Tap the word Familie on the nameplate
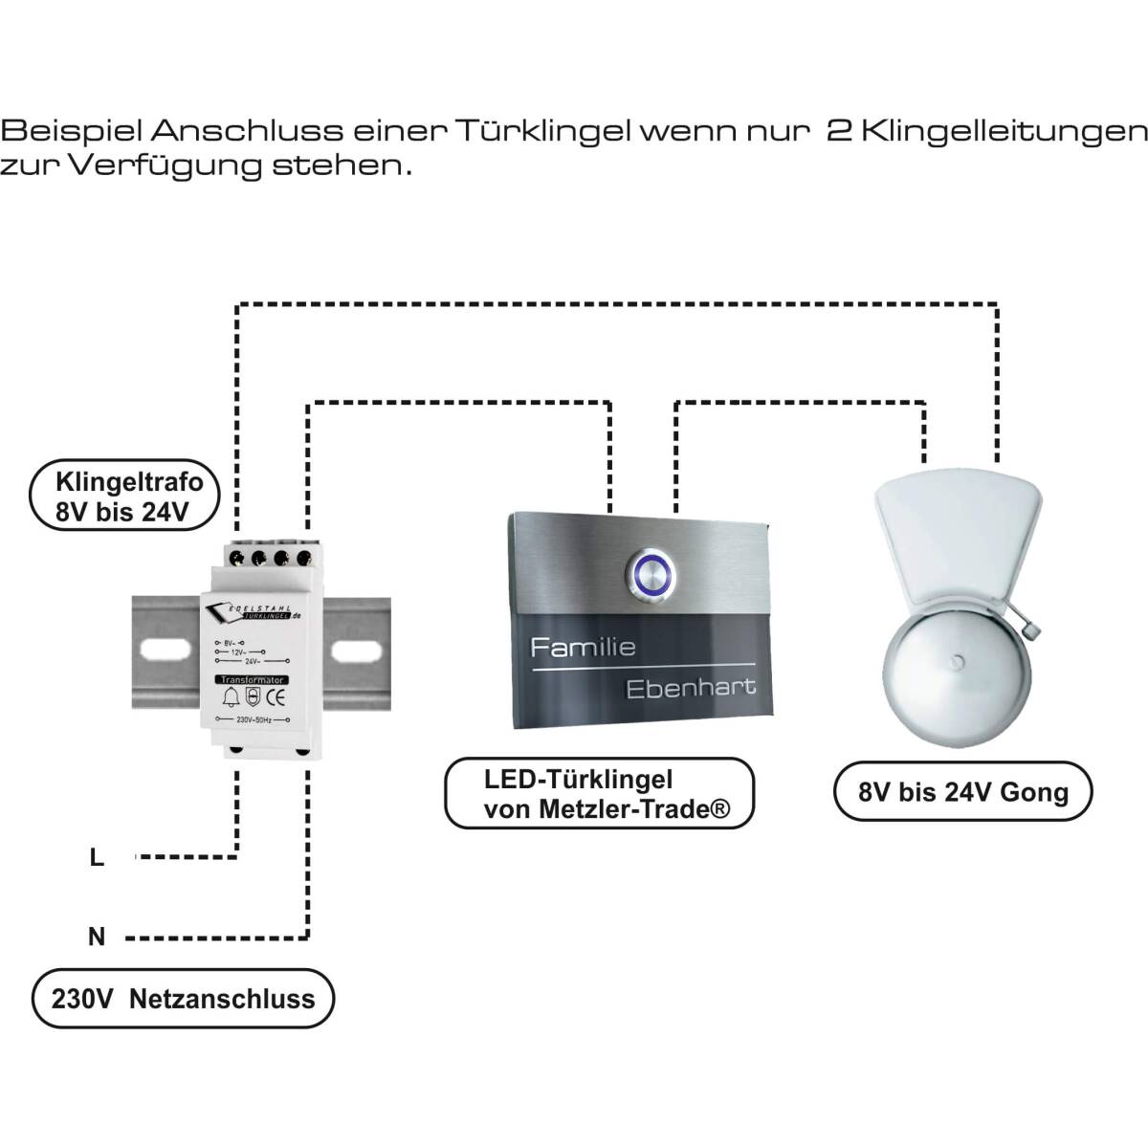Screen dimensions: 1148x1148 (583, 648)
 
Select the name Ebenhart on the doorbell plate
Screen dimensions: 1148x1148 (690, 687)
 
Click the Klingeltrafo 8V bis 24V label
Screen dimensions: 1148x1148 (121, 497)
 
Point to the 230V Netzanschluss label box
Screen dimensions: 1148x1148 (183, 999)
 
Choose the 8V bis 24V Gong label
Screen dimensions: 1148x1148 (963, 791)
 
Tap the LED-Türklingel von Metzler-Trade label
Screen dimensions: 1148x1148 (600, 794)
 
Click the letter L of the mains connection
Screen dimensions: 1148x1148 (97, 858)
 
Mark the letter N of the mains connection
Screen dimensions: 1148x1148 (97, 937)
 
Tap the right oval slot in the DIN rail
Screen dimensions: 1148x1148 (356, 652)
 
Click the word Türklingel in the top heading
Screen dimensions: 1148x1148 (542, 131)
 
